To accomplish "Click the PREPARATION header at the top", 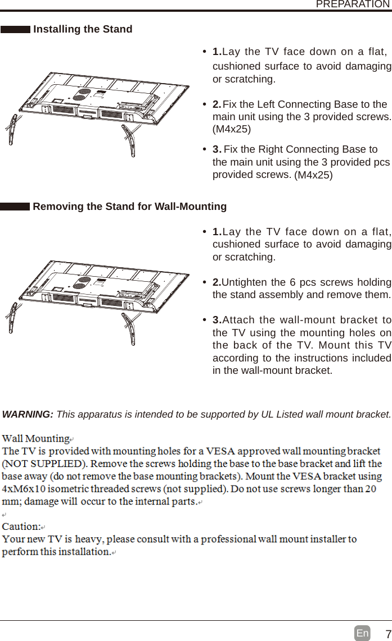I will [x=352, y=4].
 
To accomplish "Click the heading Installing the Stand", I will [x=83, y=29].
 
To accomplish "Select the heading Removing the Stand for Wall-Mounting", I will [x=130, y=207].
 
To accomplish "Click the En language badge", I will [x=362, y=634].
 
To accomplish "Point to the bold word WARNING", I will [x=28, y=414].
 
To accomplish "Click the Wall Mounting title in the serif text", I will [x=36, y=438].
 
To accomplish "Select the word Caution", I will [x=21, y=526].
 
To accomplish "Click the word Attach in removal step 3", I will [x=237, y=320].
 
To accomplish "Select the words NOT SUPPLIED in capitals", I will [x=44, y=464].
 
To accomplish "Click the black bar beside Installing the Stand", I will [x=15, y=30].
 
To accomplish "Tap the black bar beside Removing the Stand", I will [x=15, y=207].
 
